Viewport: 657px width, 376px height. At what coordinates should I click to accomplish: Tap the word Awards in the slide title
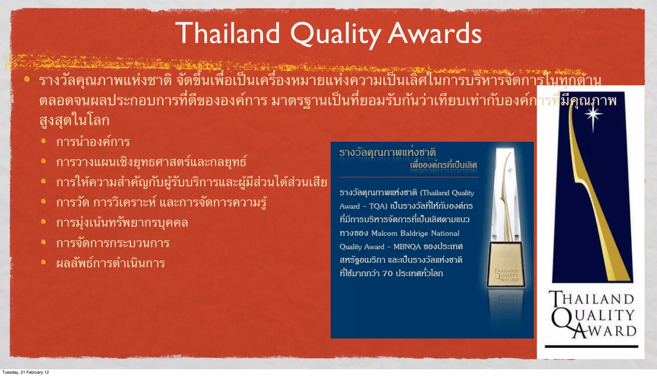pyautogui.click(x=435, y=34)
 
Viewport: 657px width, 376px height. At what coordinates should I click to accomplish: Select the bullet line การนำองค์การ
pyautogui.click(x=93, y=142)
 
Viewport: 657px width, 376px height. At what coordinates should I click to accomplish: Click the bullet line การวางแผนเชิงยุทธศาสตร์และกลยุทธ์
pyautogui.click(x=151, y=162)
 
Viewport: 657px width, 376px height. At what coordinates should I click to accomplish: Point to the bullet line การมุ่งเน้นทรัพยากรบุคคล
pyautogui.click(x=122, y=222)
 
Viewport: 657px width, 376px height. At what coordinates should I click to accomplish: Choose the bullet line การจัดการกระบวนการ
pyautogui.click(x=113, y=243)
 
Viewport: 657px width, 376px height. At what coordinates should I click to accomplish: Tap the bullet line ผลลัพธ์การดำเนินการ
pyautogui.click(x=110, y=263)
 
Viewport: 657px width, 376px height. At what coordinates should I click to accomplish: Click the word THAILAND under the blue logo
pyautogui.click(x=592, y=299)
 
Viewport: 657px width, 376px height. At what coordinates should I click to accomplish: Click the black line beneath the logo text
pyautogui.click(x=591, y=347)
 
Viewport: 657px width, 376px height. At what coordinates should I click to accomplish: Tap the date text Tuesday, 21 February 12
pyautogui.click(x=26, y=372)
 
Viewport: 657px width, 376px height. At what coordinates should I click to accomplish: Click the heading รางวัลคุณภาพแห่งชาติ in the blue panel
pyautogui.click(x=388, y=152)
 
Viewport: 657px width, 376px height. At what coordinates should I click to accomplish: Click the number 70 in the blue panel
pyautogui.click(x=388, y=273)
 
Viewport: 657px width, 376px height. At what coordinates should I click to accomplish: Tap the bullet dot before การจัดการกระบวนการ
pyautogui.click(x=44, y=242)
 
